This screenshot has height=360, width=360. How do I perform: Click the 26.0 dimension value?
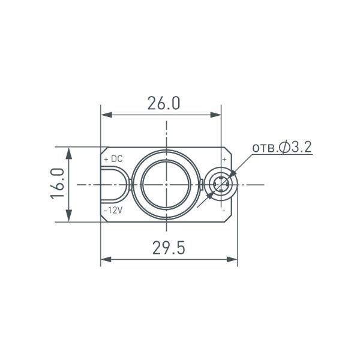pos(164,103)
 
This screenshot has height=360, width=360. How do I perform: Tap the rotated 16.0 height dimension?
pos(58,184)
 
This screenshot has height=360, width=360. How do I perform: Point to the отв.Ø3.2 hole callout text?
pos(281,147)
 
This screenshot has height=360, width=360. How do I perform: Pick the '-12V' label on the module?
pos(113,210)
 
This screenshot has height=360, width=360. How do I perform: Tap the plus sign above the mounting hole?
pos(224,160)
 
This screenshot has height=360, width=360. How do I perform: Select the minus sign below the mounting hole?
pos(224,211)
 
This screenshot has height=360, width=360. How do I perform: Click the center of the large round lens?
pos(164,184)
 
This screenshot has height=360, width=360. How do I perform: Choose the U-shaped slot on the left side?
pos(115,184)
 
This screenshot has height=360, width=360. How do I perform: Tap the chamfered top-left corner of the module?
pos(103,150)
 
